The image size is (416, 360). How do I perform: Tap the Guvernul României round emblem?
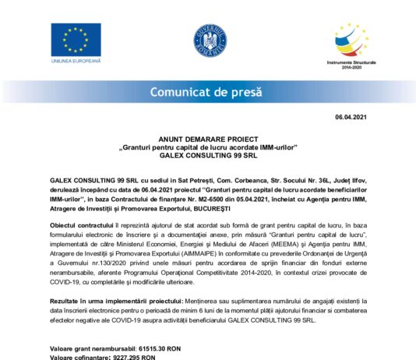[208, 41]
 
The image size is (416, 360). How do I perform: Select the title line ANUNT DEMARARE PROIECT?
[208, 137]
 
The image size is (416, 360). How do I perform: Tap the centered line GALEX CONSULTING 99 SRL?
[208, 154]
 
